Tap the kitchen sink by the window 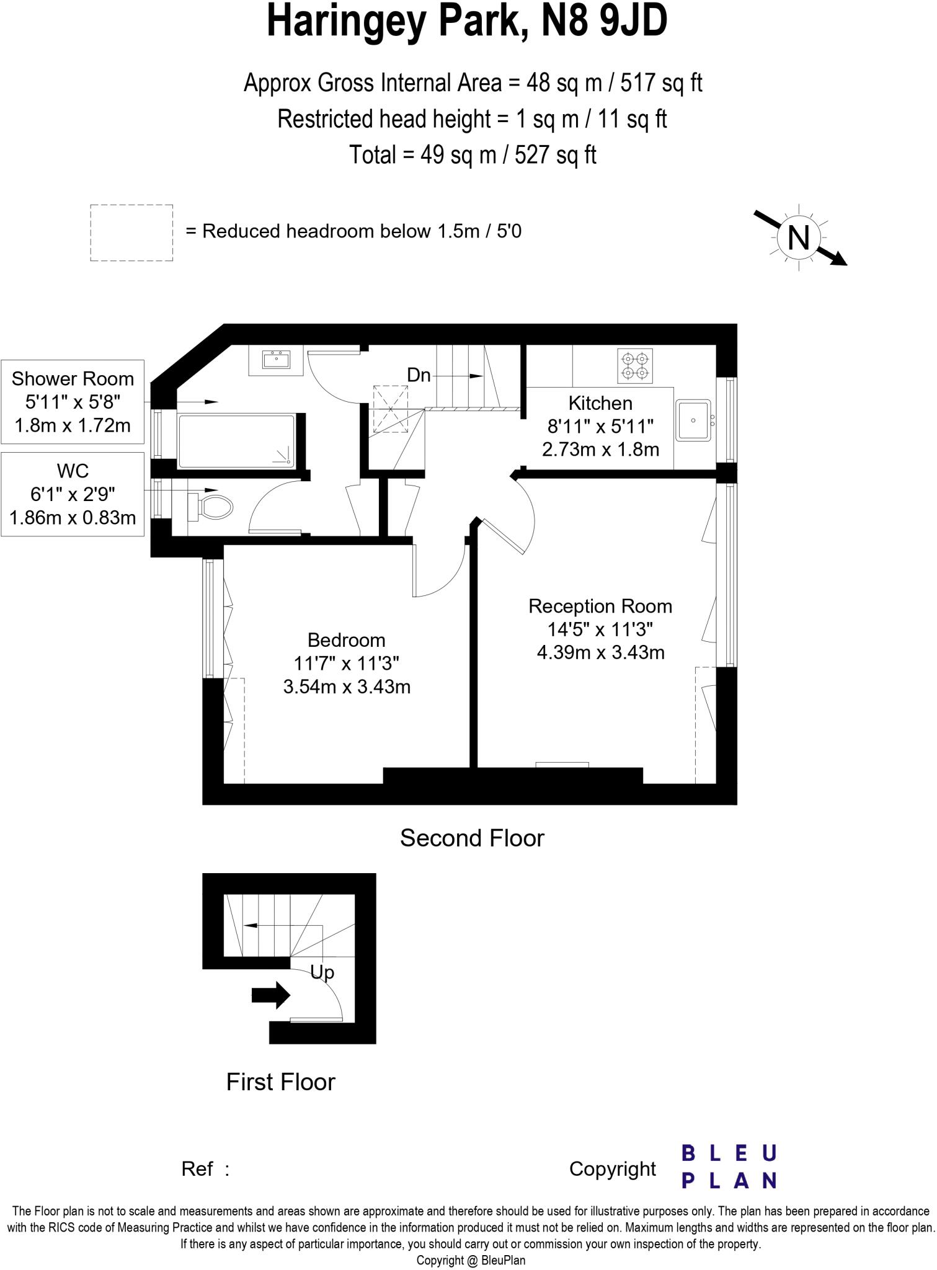click(x=693, y=420)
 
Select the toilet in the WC click(x=211, y=507)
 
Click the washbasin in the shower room click(x=276, y=360)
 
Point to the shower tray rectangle click(x=236, y=441)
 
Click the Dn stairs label click(x=419, y=375)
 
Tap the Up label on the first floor click(x=322, y=972)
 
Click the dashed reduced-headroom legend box click(x=131, y=233)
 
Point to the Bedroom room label click(x=346, y=640)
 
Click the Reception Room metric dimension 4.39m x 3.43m click(x=600, y=652)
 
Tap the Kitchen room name click(x=600, y=403)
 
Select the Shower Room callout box click(x=73, y=402)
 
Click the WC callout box click(x=73, y=494)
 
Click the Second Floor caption click(x=472, y=838)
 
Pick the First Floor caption click(x=280, y=1082)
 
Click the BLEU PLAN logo click(x=729, y=1166)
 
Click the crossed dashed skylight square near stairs click(x=391, y=410)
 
